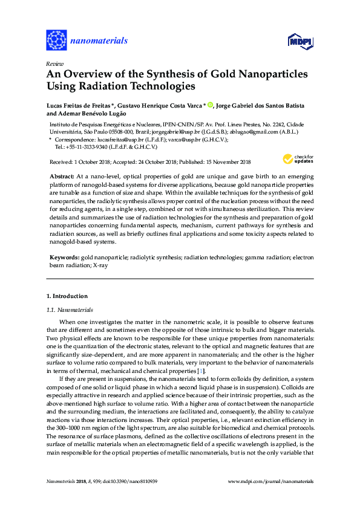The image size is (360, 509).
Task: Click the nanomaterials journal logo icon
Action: click(57, 40)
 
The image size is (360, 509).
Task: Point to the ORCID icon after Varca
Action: click(210, 105)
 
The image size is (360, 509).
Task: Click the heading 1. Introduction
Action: click(67, 296)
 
